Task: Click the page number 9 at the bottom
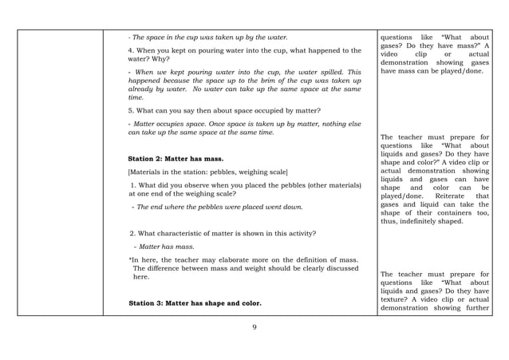coord(254,326)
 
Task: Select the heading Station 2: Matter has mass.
coord(176,158)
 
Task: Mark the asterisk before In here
coord(131,260)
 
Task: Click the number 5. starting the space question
coord(131,110)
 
